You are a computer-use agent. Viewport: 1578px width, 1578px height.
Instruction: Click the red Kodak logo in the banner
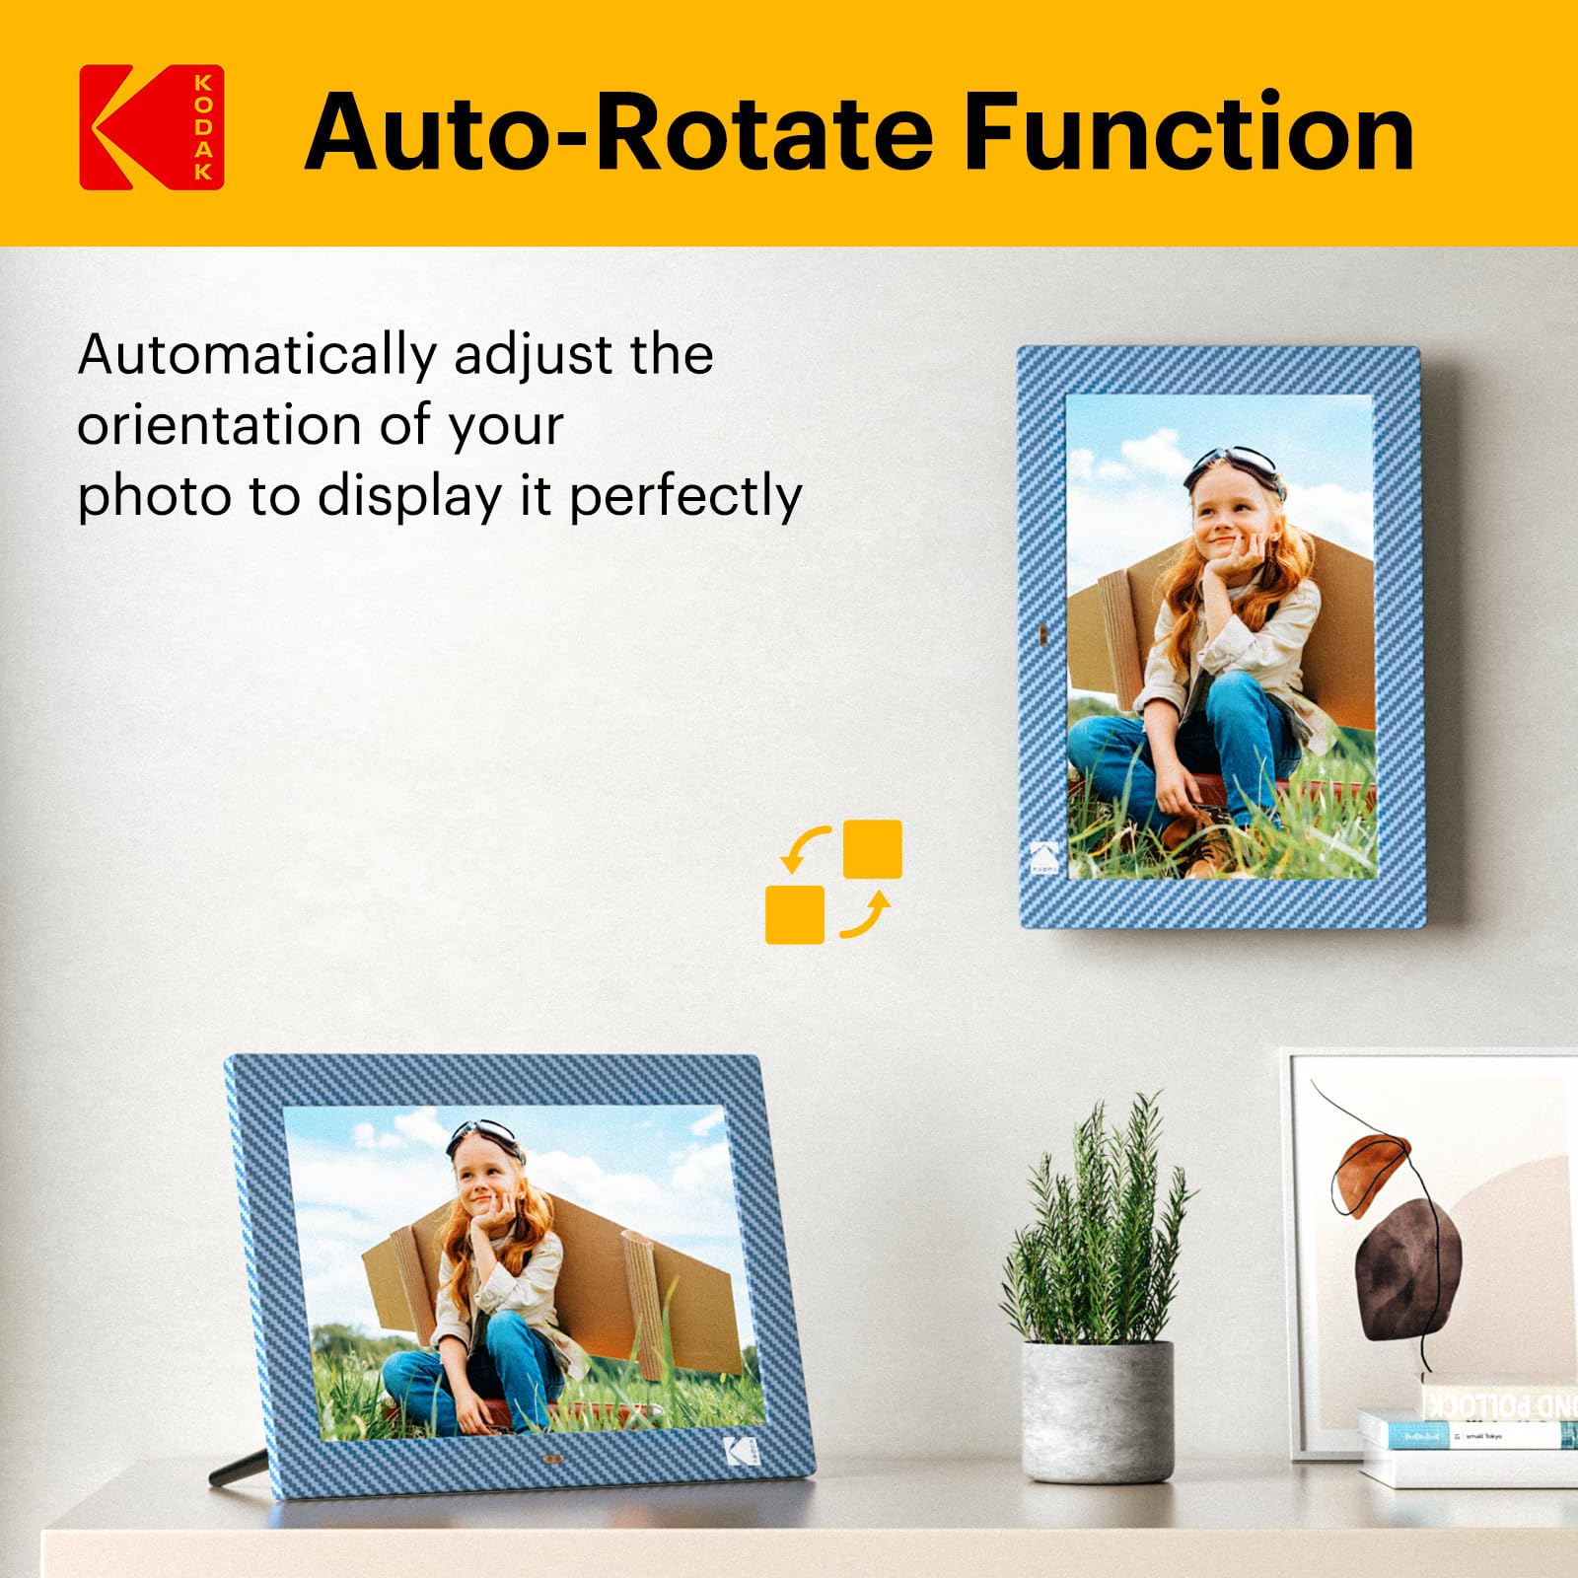151,127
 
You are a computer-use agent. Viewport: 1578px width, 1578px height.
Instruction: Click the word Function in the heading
1187,132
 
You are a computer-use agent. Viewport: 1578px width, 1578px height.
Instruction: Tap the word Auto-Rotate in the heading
619,132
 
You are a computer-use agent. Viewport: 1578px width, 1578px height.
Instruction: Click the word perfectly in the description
685,496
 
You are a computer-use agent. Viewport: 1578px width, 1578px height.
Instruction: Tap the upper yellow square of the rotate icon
873,848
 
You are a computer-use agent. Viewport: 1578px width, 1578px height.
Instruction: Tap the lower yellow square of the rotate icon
795,914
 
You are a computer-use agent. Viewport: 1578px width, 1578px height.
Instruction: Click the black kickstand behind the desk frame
238,1468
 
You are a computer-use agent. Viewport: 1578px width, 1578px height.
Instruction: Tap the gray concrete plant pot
1097,1410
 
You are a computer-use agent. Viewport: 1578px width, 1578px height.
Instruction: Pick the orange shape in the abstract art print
1371,1164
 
